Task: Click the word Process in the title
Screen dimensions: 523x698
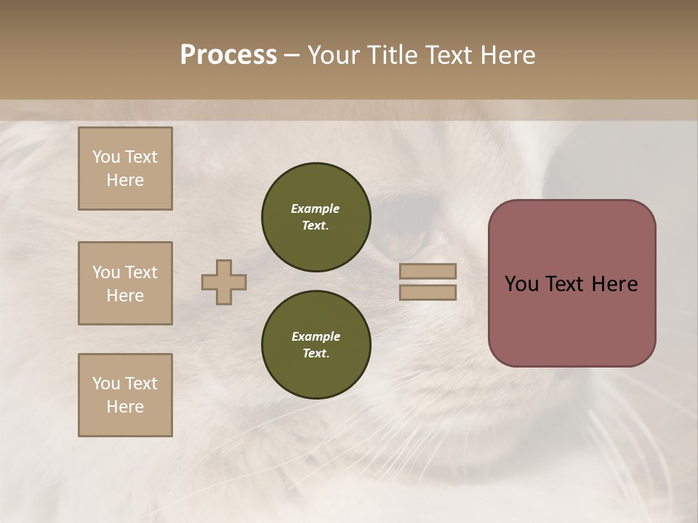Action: click(x=228, y=55)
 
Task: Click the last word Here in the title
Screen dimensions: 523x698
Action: click(x=507, y=55)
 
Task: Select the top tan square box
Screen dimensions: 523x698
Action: click(x=125, y=169)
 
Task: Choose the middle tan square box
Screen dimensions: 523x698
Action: click(x=125, y=283)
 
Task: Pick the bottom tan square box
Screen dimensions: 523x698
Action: click(x=125, y=395)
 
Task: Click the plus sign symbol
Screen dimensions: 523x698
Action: click(x=224, y=282)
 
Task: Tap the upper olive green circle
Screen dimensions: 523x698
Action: click(x=316, y=217)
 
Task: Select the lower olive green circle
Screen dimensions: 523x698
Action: click(x=316, y=345)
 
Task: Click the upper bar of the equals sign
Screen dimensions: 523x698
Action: click(x=428, y=271)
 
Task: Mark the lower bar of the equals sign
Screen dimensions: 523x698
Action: click(x=428, y=292)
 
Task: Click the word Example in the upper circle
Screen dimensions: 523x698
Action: click(x=316, y=208)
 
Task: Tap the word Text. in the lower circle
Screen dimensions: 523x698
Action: click(x=316, y=354)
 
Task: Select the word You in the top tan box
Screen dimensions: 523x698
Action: click(x=105, y=157)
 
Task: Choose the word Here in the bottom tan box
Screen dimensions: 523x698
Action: click(x=125, y=407)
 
